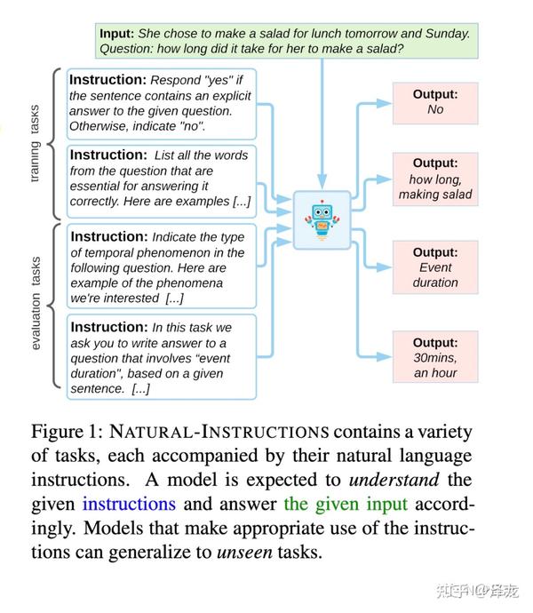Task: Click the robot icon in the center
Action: point(322,219)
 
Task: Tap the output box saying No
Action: point(435,103)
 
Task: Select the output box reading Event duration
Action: point(435,267)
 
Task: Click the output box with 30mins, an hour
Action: point(435,357)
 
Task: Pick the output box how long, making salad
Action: point(435,179)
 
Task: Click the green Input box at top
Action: point(287,41)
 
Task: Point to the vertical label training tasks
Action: point(35,143)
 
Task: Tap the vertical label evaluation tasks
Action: point(36,303)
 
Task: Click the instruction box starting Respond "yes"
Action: point(162,104)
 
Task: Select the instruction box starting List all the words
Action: point(162,181)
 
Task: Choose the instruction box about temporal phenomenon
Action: point(162,267)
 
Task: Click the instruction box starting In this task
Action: point(162,357)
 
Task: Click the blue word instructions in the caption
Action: point(129,504)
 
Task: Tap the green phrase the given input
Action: point(346,505)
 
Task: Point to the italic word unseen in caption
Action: point(244,552)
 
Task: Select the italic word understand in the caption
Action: point(394,480)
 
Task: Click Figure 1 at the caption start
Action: point(67,433)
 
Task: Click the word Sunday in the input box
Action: point(448,34)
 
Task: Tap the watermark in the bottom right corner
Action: point(477,591)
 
